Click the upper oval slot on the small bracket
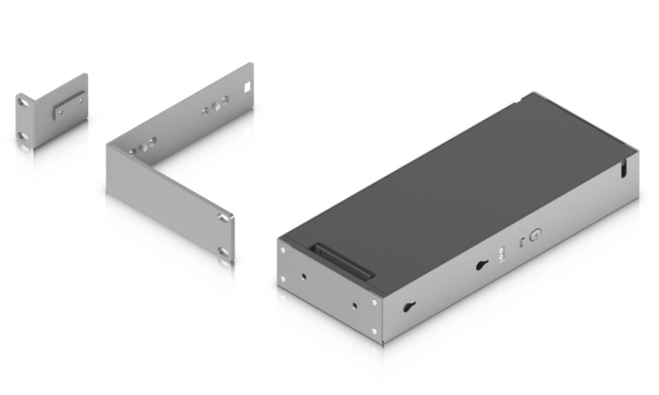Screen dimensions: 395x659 [24, 102]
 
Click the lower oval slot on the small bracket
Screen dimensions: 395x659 [24, 136]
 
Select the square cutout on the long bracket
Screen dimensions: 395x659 [248, 86]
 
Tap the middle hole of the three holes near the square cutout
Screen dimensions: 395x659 [215, 105]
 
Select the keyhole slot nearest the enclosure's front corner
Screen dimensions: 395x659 [409, 307]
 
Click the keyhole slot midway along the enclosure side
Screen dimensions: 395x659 [480, 265]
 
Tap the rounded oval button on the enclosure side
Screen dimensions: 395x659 [535, 234]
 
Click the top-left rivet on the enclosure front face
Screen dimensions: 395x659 [284, 249]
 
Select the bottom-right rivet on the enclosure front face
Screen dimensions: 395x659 [374, 331]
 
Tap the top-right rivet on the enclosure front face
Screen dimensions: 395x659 [374, 300]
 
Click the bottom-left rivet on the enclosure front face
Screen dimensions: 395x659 [284, 279]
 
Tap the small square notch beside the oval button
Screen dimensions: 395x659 [522, 241]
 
